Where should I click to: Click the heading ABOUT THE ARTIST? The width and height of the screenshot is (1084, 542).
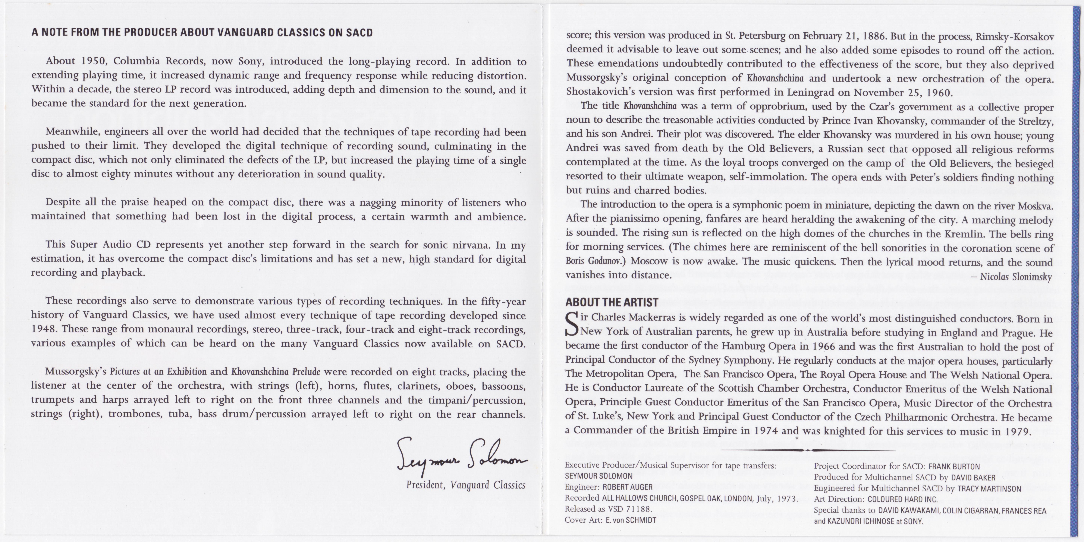[x=611, y=302]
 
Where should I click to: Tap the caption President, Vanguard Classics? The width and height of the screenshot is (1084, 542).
[x=465, y=485]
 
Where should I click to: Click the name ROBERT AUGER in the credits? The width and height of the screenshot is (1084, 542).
[x=627, y=487]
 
